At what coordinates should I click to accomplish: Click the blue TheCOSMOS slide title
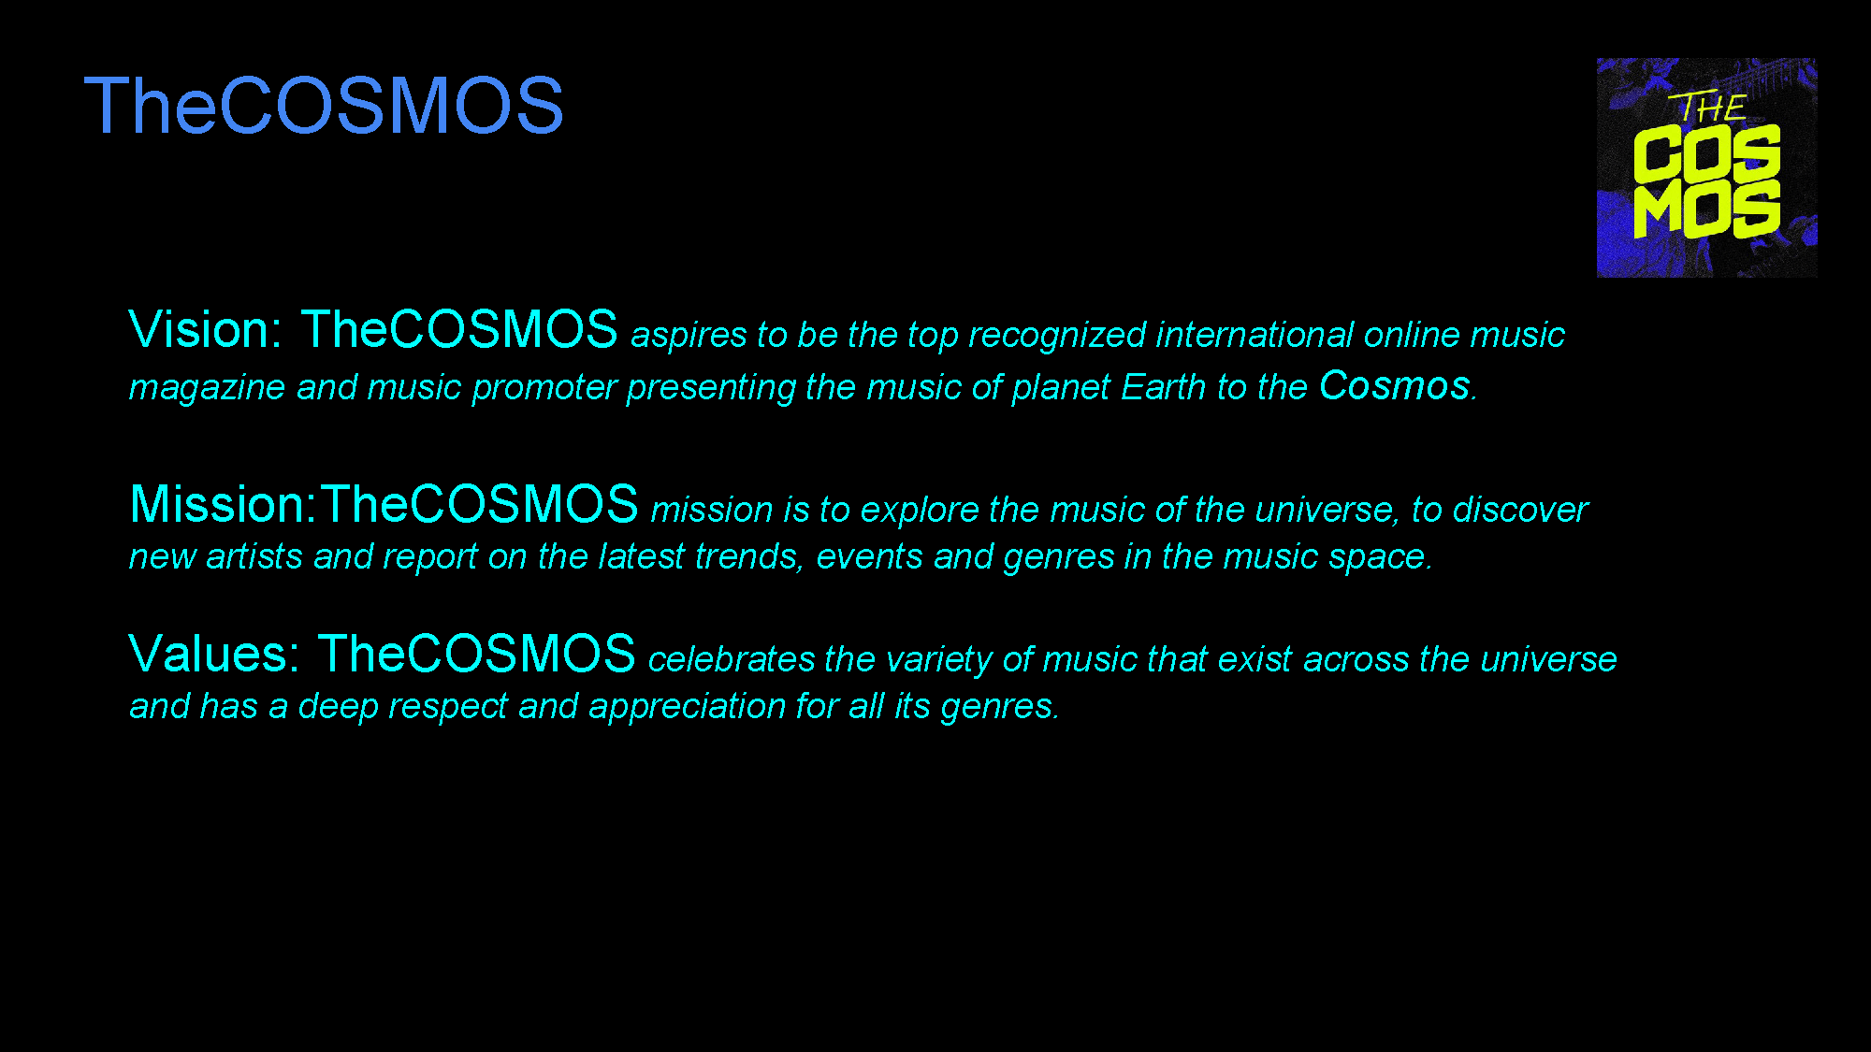pos(324,106)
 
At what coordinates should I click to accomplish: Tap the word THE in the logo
pos(1709,108)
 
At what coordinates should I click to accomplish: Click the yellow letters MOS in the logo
pos(1706,209)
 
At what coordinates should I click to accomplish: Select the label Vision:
pos(205,330)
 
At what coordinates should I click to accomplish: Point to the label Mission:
pos(224,505)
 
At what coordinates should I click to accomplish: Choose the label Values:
pos(214,654)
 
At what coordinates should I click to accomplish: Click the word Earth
pos(1163,387)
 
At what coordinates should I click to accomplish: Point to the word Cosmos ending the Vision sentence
pos(1395,386)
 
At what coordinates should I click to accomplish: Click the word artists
pos(254,557)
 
